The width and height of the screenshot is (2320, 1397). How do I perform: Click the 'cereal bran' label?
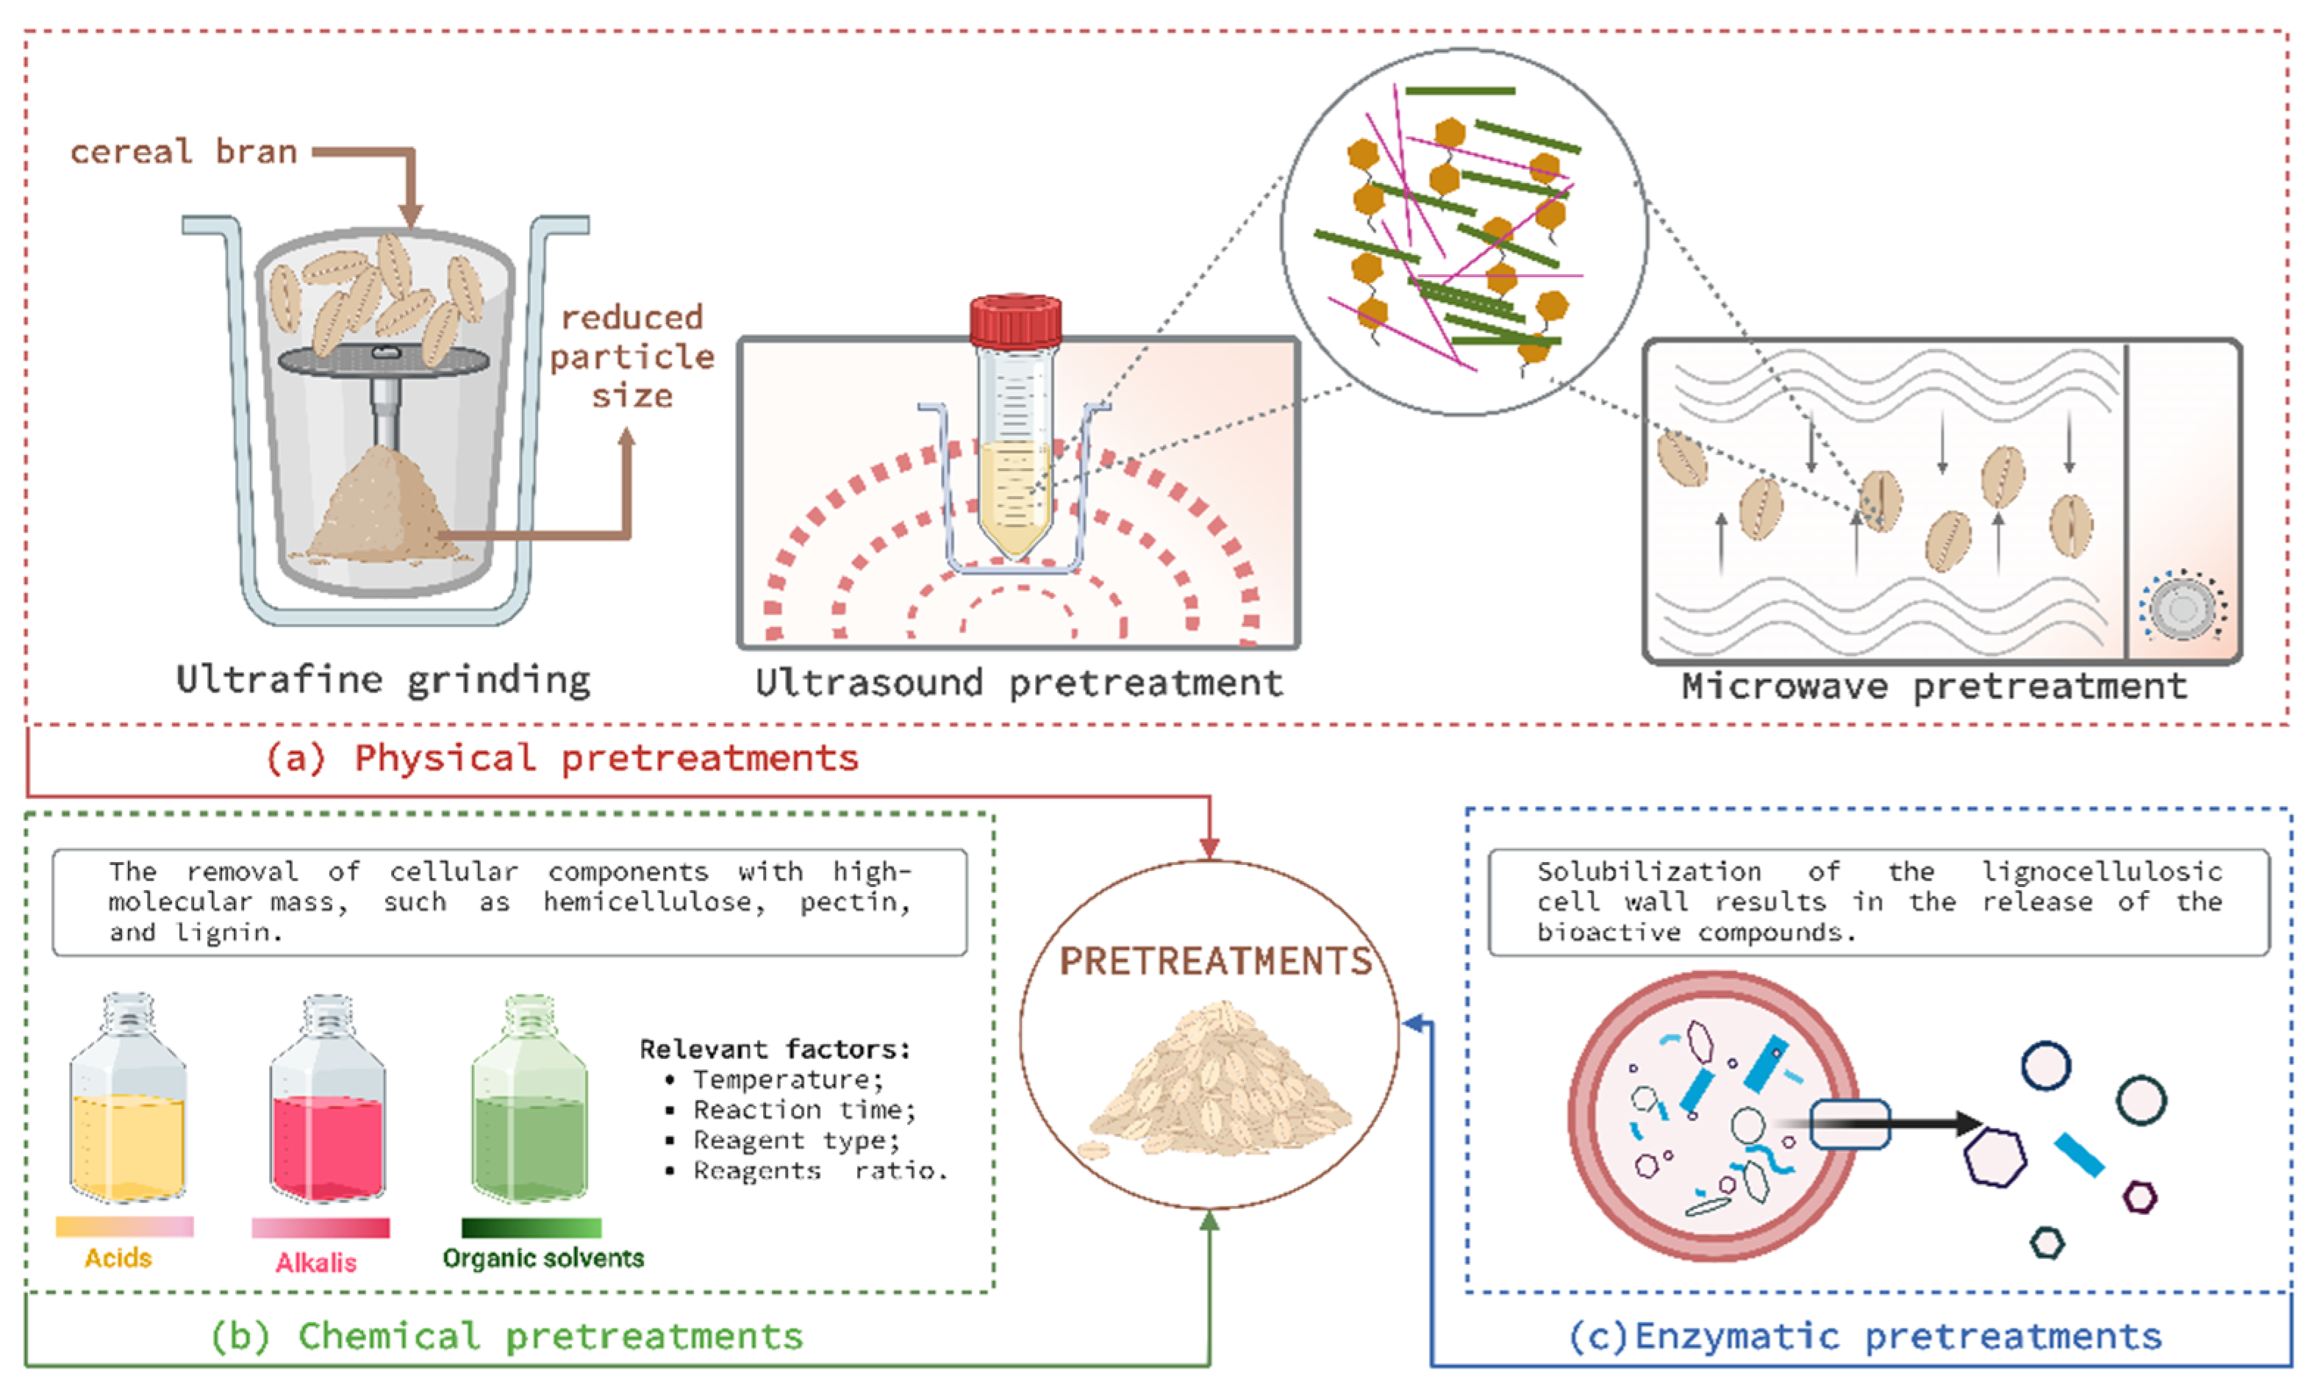pos(184,151)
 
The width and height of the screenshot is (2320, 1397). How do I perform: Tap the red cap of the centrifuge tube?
pos(1015,321)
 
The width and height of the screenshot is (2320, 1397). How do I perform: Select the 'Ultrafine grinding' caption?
pos(383,680)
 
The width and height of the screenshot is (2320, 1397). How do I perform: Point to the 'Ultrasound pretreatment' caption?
pos(1019,683)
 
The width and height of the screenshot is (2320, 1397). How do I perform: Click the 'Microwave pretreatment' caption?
pos(1934,686)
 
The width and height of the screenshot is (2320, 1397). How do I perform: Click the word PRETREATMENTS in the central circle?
pos(1214,961)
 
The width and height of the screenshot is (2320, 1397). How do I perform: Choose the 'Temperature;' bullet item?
pos(787,1079)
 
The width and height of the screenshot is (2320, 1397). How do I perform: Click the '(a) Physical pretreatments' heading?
pos(562,758)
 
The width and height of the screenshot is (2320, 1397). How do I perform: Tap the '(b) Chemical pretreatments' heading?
pos(506,1336)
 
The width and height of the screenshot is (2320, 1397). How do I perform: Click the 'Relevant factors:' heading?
pos(775,1049)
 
